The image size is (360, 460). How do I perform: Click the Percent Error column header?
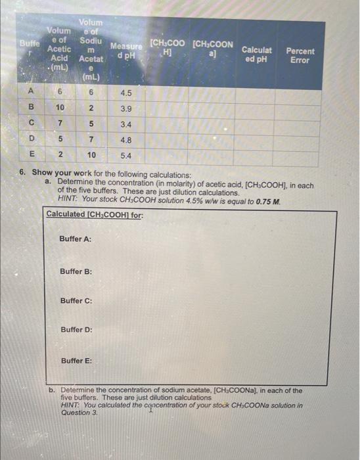pyautogui.click(x=300, y=55)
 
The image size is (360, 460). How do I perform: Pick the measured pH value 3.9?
pyautogui.click(x=126, y=108)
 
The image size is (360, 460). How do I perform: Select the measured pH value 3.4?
pyautogui.click(x=126, y=124)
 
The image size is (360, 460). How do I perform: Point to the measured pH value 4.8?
pyautogui.click(x=126, y=140)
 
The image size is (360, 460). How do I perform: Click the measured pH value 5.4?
pyautogui.click(x=126, y=156)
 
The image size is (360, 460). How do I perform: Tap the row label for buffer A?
pyautogui.click(x=31, y=93)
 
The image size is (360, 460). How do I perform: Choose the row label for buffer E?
pyautogui.click(x=31, y=156)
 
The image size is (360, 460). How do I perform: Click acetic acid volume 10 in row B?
pyautogui.click(x=60, y=108)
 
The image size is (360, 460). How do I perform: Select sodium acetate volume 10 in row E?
pyautogui.click(x=92, y=156)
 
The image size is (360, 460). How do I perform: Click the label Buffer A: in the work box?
pyautogui.click(x=76, y=239)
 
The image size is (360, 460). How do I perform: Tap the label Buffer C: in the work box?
pyautogui.click(x=76, y=300)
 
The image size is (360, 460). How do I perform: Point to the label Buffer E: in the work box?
pyautogui.click(x=76, y=361)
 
